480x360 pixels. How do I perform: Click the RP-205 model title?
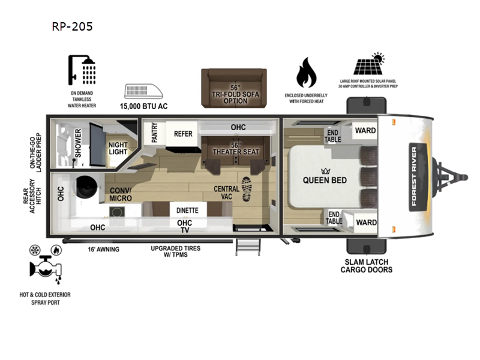[73, 26]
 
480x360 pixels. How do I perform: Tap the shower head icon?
[82, 71]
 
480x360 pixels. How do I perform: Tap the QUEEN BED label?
[325, 180]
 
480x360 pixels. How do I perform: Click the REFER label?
[183, 134]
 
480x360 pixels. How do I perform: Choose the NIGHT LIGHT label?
[118, 148]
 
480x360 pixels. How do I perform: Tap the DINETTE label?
[188, 211]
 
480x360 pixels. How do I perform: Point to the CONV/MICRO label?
[122, 194]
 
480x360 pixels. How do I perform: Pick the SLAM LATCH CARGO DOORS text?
[366, 265]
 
